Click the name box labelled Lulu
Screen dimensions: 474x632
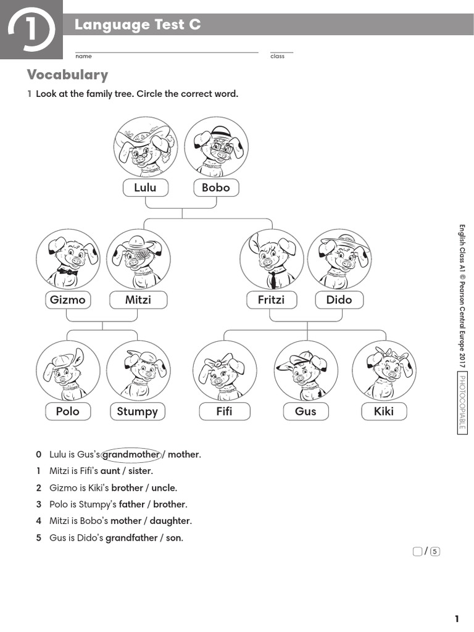[x=145, y=188]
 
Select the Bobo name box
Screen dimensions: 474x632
[x=215, y=188]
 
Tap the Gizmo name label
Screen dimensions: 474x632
[x=67, y=300]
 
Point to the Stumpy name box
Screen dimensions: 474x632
[x=137, y=411]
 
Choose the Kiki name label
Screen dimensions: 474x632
[x=383, y=411]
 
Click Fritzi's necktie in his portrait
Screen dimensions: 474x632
[x=272, y=280]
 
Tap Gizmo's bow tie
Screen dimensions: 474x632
[x=68, y=272]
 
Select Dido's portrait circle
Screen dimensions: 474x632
[x=339, y=259]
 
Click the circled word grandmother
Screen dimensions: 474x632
[x=131, y=455]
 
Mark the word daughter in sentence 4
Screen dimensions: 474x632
[x=169, y=521]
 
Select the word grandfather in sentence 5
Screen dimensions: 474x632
[x=131, y=538]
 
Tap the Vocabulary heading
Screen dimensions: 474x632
[x=67, y=75]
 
